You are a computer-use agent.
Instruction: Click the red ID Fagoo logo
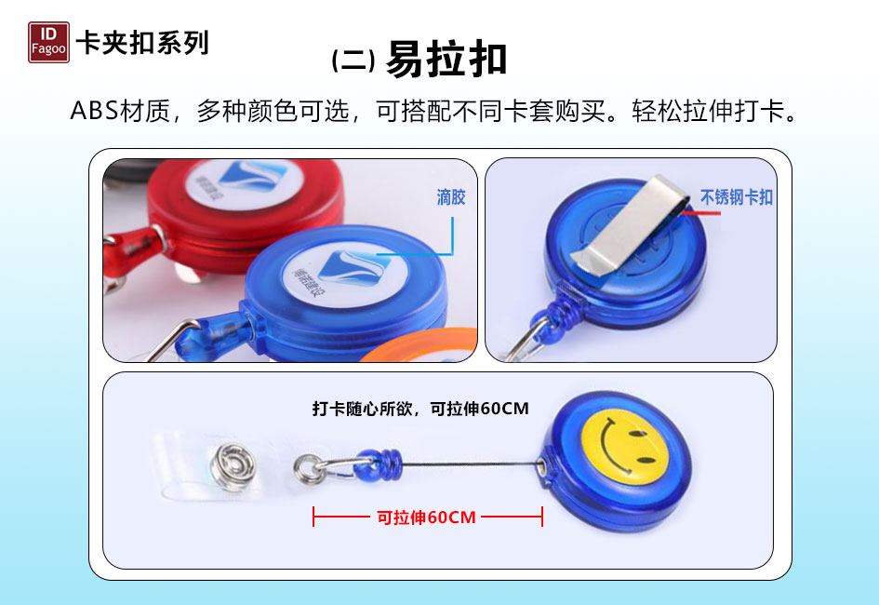point(48,42)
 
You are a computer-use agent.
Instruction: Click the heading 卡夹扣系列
point(142,43)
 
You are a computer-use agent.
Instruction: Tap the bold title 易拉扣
point(446,59)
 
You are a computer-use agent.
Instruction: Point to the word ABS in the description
point(94,111)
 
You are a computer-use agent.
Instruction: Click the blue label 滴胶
point(451,197)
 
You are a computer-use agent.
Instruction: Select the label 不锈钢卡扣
point(736,197)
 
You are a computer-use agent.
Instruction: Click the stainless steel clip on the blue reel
point(630,225)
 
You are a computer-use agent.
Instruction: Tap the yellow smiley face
point(625,447)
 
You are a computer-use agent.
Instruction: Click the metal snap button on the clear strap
point(233,466)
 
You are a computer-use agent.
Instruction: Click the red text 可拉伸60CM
point(426,517)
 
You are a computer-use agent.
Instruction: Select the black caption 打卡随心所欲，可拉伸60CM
point(420,409)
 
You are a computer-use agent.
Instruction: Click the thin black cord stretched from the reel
point(472,464)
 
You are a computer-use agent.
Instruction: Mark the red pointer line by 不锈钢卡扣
point(702,212)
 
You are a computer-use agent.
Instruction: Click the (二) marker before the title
point(353,60)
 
